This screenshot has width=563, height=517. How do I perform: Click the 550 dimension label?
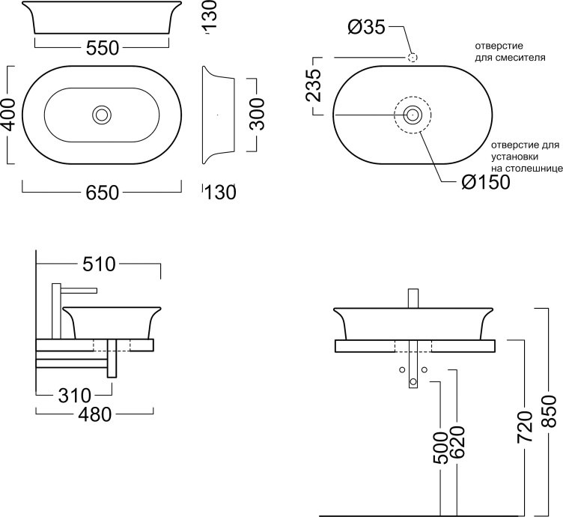coord(103,48)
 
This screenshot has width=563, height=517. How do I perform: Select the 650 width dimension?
coord(103,193)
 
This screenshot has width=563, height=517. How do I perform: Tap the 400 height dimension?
coord(8,115)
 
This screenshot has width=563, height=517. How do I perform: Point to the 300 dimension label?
coord(256,114)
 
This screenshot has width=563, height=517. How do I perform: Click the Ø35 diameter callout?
coord(367,27)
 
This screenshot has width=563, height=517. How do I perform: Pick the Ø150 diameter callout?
coord(486,182)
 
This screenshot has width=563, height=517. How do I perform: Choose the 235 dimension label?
coord(313,85)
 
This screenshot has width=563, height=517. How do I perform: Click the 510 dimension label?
coord(99,264)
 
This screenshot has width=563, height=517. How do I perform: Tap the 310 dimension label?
coord(75,396)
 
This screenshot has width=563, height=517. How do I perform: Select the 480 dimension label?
coord(95,415)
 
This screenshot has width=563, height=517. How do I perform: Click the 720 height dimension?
coord(525,428)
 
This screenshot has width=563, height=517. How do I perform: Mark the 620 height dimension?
coord(457,443)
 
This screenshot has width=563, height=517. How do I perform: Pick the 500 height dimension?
coord(440,448)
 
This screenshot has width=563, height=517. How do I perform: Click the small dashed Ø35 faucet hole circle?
coord(413,57)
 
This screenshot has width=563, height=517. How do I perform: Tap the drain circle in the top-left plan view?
coord(102,115)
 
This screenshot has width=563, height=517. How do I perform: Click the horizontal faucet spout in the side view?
coord(79,290)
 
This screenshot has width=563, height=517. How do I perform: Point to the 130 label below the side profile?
coord(220,192)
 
